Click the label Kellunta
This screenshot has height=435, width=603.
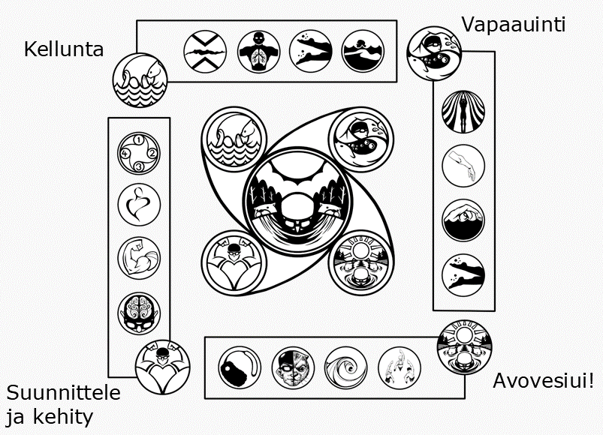[x=64, y=50]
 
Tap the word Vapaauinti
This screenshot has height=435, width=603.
[x=514, y=24]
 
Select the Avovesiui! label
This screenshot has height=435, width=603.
[x=544, y=380]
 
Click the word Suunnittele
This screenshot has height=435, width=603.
[x=63, y=393]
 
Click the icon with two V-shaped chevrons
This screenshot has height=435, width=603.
[x=206, y=51]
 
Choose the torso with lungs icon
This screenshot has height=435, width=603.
[x=258, y=51]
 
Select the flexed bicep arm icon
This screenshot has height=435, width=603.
[x=140, y=257]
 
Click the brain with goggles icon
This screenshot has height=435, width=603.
[x=140, y=312]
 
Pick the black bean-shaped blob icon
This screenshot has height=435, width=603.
[x=240, y=369]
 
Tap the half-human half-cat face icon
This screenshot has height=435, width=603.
[x=293, y=369]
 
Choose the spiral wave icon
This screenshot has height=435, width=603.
[x=345, y=369]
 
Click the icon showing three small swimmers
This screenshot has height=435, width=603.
[x=399, y=369]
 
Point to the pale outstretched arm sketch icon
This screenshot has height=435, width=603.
[x=462, y=166]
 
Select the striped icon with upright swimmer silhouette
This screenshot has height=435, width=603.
[x=462, y=112]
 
